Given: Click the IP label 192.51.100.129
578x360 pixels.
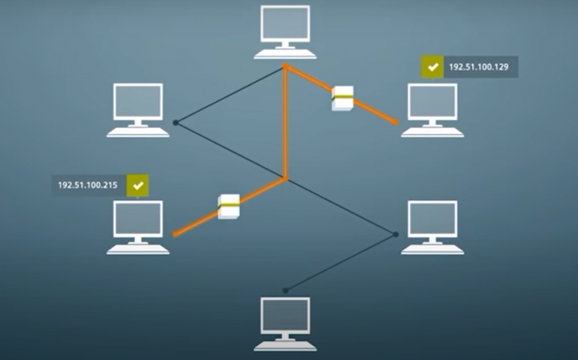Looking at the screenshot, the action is [479, 67].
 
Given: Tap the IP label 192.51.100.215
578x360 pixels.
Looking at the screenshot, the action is [87, 185].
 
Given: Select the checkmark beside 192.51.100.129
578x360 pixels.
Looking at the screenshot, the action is [433, 67].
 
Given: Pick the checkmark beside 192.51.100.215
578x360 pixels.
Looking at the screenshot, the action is [138, 185].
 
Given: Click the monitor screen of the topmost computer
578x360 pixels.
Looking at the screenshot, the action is [285, 23].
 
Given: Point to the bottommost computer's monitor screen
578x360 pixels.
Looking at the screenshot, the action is [285, 316].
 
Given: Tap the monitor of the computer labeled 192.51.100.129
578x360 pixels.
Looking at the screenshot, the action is [433, 101].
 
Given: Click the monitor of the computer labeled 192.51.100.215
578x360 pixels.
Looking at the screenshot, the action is [138, 219].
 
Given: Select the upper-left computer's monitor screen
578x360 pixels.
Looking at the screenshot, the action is [138, 101].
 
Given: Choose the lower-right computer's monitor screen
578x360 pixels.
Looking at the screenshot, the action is [433, 219].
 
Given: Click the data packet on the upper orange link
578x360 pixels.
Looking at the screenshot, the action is [342, 99].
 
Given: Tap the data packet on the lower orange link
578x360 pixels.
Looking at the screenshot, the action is [228, 207].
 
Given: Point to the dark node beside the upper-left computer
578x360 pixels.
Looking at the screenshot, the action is [176, 122].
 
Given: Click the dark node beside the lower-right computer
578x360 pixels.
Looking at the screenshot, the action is [396, 234].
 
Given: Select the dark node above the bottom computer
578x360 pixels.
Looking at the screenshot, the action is [285, 290].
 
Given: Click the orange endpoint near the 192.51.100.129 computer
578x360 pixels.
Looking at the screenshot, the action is [396, 122].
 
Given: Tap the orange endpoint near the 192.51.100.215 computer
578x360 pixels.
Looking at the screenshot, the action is [176, 233].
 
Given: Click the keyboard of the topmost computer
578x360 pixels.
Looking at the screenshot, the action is [285, 54].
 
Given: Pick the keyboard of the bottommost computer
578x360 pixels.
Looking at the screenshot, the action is [285, 346].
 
